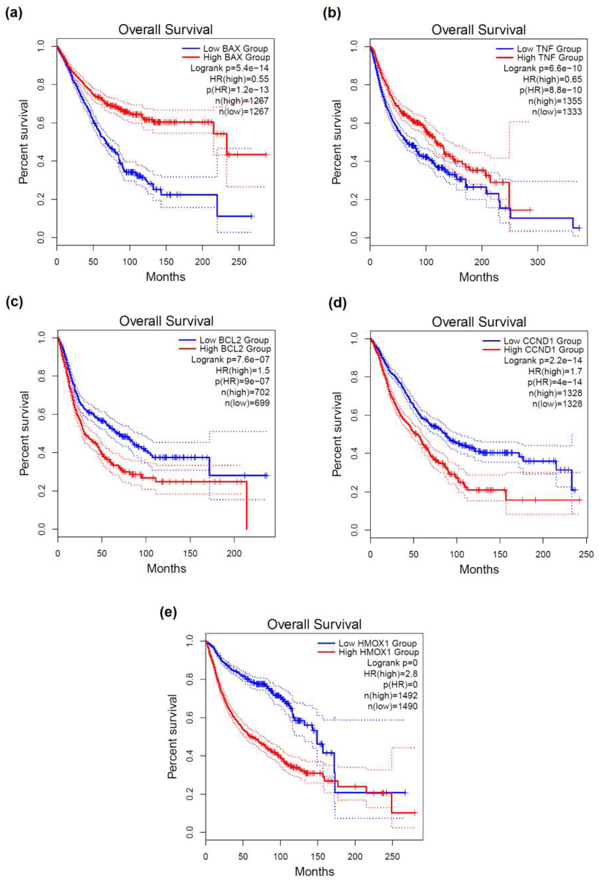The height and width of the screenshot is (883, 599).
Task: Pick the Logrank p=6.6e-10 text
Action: [543, 68]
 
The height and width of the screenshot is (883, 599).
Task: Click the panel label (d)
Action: [337, 304]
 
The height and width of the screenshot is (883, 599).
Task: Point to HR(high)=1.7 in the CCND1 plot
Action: [555, 371]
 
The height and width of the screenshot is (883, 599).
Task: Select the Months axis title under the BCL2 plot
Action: [167, 568]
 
